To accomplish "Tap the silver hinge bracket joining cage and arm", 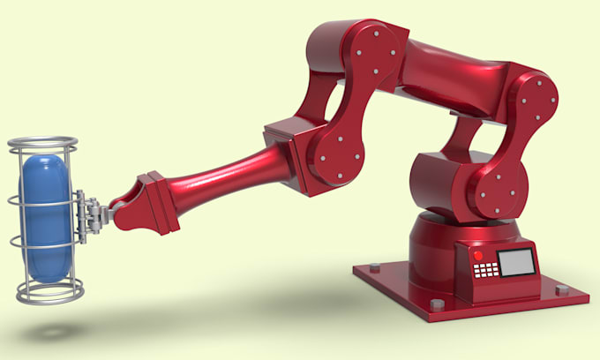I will (x=88, y=215).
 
